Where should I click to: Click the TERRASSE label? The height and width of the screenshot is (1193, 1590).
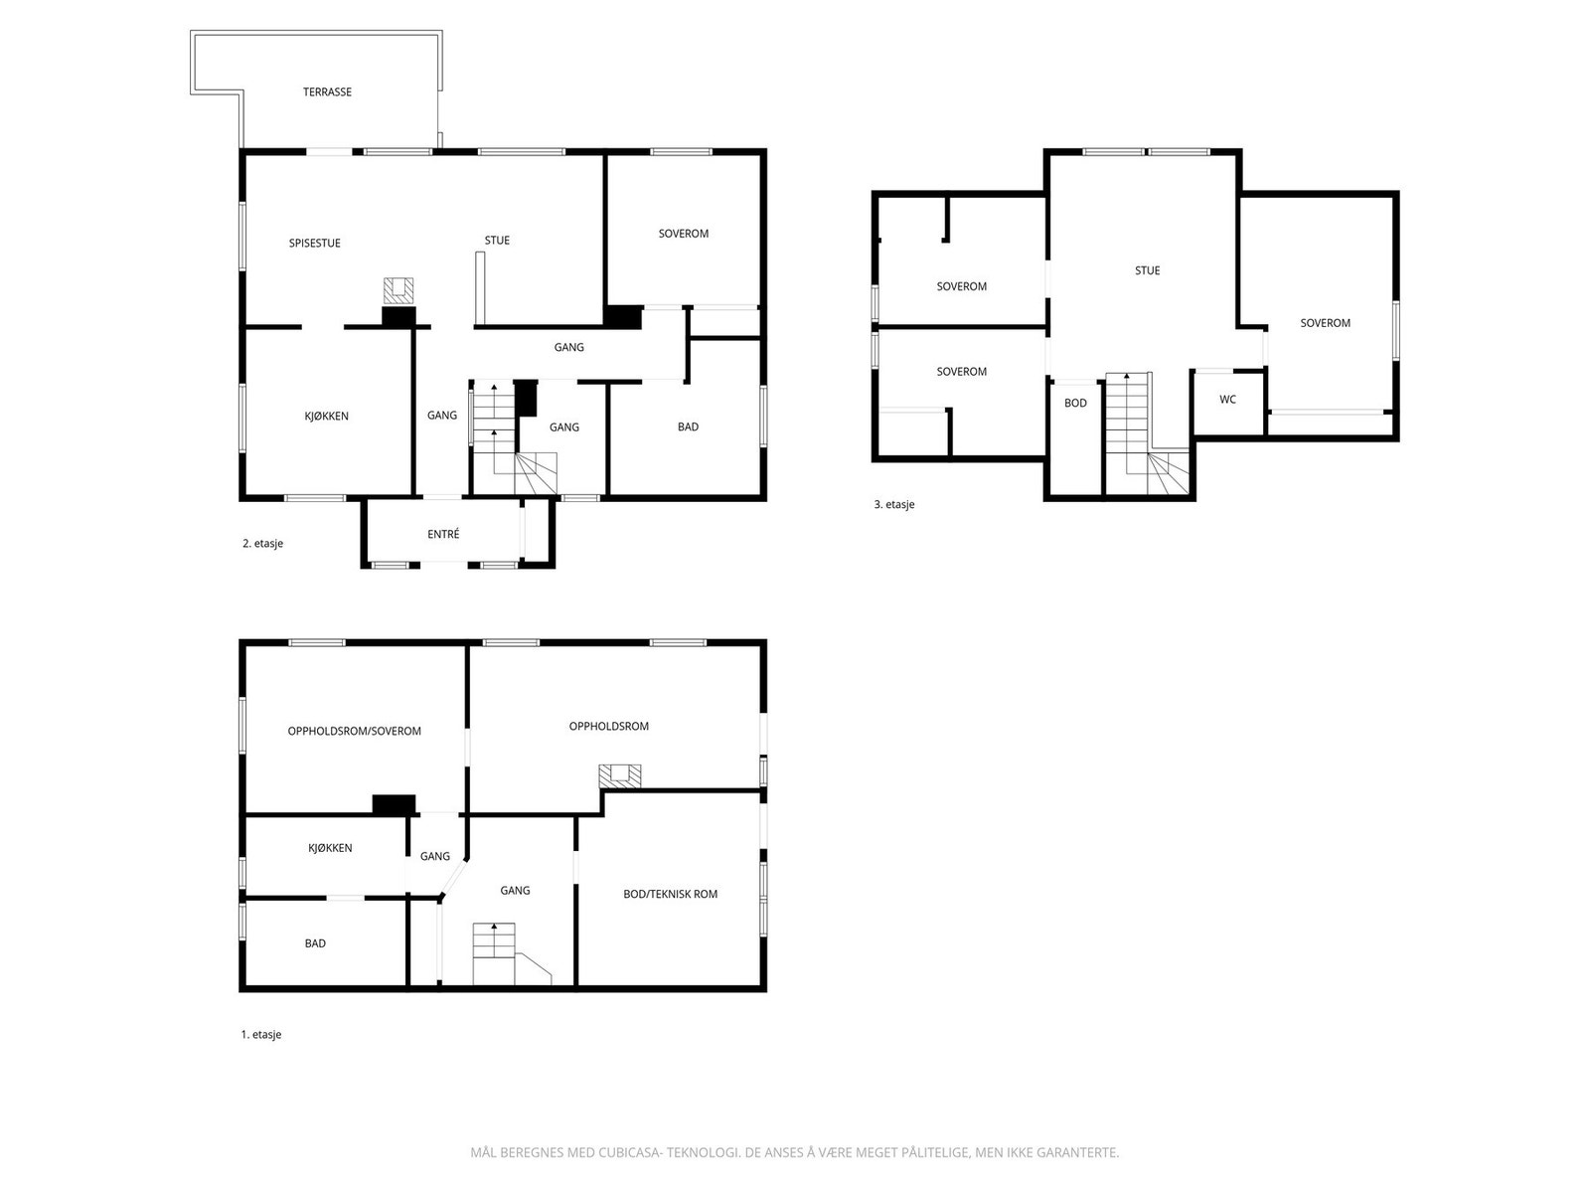click(x=327, y=92)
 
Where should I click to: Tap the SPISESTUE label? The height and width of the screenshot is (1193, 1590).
click(x=314, y=244)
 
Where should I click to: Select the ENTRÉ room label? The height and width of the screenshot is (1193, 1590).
click(x=443, y=534)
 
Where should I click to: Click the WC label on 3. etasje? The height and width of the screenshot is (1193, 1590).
click(x=1227, y=399)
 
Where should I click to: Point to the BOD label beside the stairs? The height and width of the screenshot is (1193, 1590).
click(x=1075, y=403)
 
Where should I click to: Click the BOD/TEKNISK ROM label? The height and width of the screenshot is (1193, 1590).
click(x=670, y=894)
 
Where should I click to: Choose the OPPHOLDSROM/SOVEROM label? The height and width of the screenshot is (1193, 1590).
click(x=354, y=731)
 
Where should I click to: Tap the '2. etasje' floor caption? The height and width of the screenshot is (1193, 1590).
click(x=262, y=543)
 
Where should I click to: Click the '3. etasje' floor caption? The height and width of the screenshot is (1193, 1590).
click(x=893, y=504)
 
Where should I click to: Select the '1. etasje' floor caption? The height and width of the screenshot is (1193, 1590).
click(x=260, y=1034)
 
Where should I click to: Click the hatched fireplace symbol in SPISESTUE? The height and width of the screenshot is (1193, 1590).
click(x=397, y=290)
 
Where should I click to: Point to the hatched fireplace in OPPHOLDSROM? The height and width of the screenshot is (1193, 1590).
click(x=619, y=775)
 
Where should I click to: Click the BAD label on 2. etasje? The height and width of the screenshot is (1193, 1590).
click(x=688, y=426)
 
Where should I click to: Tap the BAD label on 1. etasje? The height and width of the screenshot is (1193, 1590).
click(x=315, y=943)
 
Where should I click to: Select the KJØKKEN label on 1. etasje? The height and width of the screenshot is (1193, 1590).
click(x=330, y=847)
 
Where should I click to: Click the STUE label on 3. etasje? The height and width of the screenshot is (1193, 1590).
click(x=1147, y=270)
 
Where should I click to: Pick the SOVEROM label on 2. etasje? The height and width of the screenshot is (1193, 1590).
click(x=683, y=234)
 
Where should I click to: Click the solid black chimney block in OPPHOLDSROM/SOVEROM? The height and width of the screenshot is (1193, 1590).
click(x=395, y=804)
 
